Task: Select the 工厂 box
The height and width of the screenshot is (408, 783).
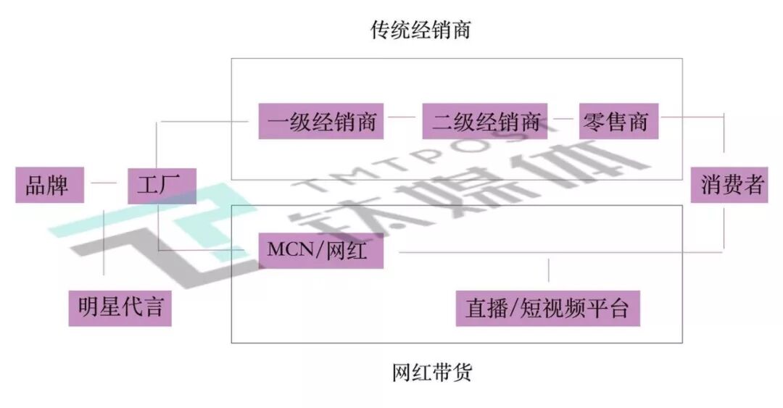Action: [161, 185]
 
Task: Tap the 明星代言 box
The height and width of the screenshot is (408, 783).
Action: [120, 308]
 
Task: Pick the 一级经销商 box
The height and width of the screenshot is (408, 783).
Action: [321, 121]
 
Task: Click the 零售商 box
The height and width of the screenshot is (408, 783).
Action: [618, 121]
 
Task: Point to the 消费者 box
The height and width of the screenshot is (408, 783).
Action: [728, 185]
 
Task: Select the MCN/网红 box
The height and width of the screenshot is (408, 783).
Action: [321, 251]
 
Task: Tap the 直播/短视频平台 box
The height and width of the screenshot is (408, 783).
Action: [548, 309]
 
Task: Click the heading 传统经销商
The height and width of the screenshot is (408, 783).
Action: [421, 30]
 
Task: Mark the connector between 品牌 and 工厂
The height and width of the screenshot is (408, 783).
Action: [105, 184]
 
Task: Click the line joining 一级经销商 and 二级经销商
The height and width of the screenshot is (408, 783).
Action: [403, 116]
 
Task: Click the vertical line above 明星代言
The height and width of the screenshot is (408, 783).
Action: [105, 246]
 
